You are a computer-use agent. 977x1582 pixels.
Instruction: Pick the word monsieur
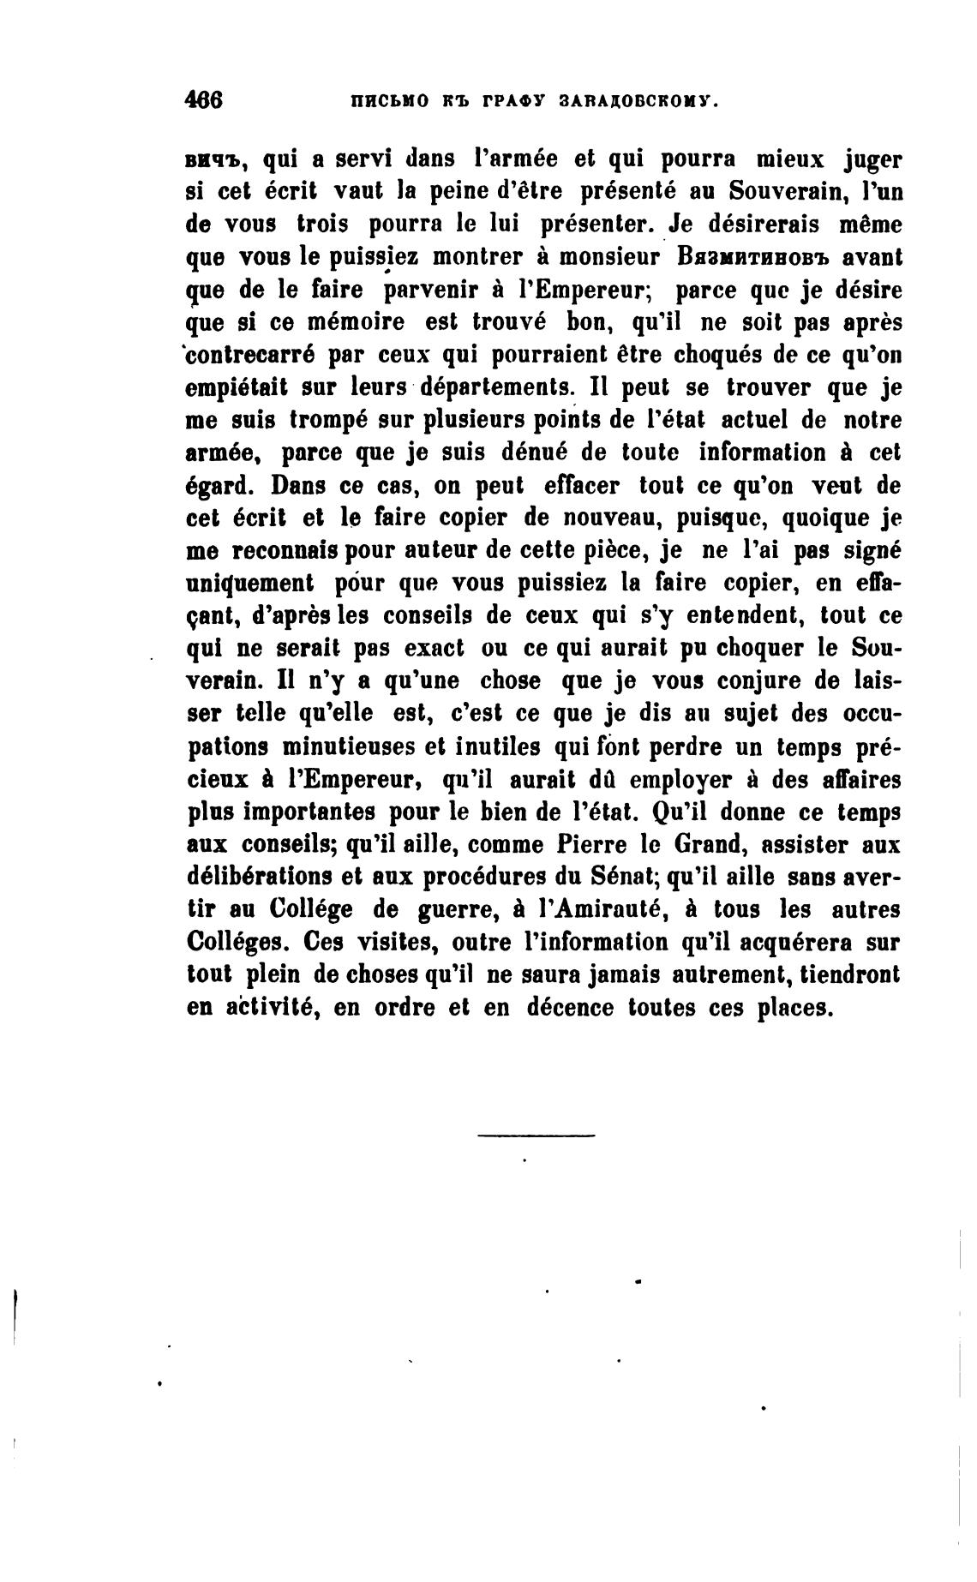coord(608,257)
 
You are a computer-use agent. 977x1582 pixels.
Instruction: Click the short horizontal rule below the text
coord(536,1136)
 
